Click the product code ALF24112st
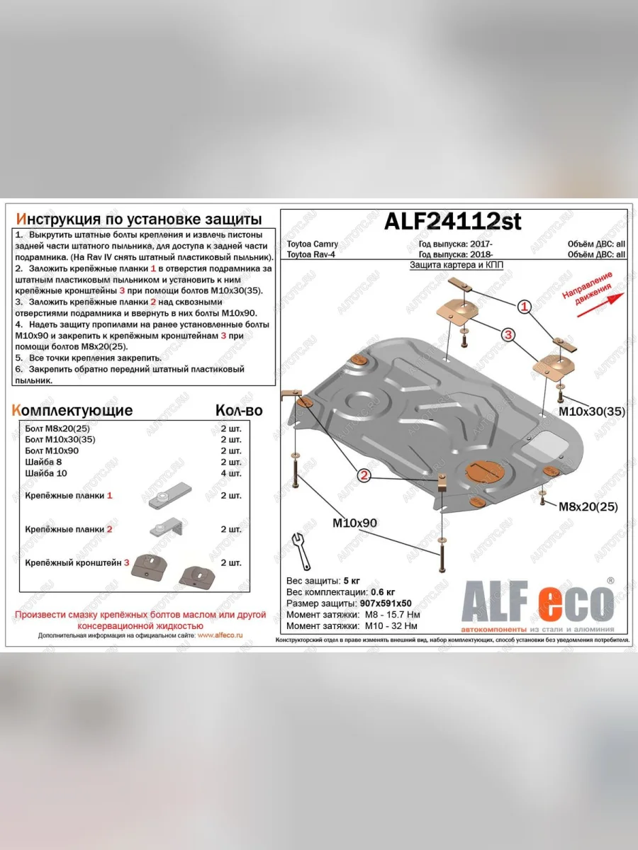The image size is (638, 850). [452, 222]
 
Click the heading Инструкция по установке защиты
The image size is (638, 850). [138, 218]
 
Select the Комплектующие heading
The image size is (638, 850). [72, 410]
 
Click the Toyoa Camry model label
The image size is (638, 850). [312, 244]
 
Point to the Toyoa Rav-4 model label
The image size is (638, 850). [310, 254]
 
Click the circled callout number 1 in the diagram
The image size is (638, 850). [523, 307]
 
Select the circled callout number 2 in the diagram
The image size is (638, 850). [364, 475]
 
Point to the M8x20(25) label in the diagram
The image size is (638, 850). [588, 506]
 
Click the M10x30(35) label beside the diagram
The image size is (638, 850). [591, 411]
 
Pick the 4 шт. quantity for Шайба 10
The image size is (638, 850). [231, 472]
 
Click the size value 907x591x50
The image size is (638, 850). [388, 603]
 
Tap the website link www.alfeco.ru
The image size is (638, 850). [220, 636]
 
